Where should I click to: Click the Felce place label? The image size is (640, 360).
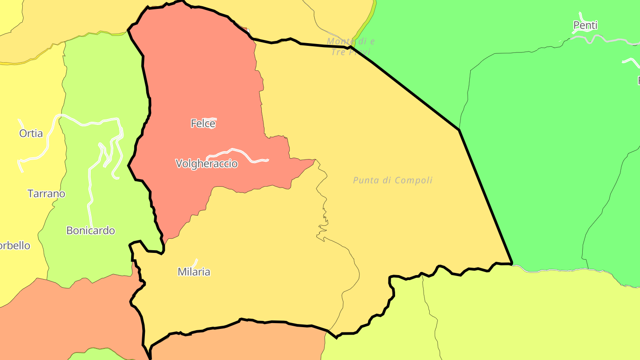click(203, 124)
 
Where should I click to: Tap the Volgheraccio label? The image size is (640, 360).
click(207, 164)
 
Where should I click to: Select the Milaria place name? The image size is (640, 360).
click(194, 272)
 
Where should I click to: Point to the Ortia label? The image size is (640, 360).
click(31, 133)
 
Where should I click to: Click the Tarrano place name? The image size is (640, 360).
click(46, 194)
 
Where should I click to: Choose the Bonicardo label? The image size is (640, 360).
click(91, 231)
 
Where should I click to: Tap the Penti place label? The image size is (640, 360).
click(585, 26)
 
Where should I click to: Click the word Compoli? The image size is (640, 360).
click(413, 180)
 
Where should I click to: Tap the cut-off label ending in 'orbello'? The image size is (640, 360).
click(14, 246)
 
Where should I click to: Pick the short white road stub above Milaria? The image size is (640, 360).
click(195, 262)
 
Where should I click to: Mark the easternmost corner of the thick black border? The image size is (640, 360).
click(512, 264)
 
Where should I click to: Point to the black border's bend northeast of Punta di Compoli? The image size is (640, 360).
click(459, 130)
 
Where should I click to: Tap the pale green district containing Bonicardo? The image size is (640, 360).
click(102, 89)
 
